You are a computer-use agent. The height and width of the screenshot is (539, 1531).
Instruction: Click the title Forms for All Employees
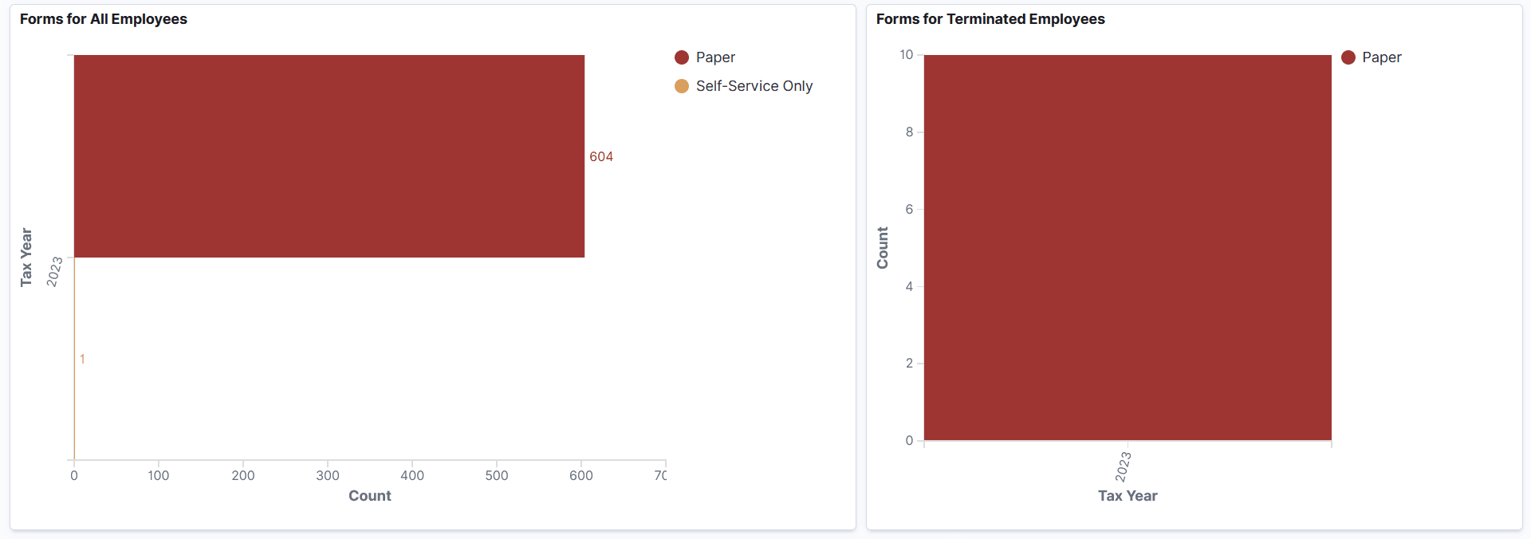[104, 19]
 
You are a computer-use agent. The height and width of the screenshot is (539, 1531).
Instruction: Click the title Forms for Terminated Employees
[990, 19]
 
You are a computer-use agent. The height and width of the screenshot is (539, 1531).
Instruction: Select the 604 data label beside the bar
[601, 157]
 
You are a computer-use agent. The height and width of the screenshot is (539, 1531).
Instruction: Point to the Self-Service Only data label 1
[82, 360]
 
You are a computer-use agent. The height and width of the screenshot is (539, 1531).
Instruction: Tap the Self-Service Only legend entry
[754, 86]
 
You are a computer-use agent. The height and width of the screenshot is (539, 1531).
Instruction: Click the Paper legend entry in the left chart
[714, 57]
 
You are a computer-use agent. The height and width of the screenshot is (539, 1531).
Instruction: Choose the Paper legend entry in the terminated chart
[1380, 57]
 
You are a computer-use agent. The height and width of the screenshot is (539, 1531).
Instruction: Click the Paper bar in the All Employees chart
[329, 156]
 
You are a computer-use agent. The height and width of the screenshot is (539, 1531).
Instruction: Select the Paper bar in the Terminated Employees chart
[1127, 247]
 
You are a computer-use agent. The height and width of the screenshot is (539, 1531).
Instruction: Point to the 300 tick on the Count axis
[328, 476]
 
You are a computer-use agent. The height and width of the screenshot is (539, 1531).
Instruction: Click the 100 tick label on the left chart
[159, 476]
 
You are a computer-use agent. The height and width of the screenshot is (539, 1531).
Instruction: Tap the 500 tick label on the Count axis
[497, 476]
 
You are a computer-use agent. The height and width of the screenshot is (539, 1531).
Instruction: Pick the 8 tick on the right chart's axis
[909, 132]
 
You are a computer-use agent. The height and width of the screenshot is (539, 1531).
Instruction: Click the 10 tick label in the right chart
[907, 55]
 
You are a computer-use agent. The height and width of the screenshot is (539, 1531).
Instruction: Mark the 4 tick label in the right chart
[909, 286]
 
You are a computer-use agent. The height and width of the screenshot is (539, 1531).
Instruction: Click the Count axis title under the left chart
[369, 496]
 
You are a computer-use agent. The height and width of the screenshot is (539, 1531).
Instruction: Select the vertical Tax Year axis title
[26, 257]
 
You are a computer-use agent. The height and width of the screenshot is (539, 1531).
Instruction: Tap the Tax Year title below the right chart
[1127, 496]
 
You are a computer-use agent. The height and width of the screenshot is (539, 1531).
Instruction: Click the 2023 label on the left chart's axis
[54, 272]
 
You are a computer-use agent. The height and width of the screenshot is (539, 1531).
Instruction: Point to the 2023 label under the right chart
[1123, 466]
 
